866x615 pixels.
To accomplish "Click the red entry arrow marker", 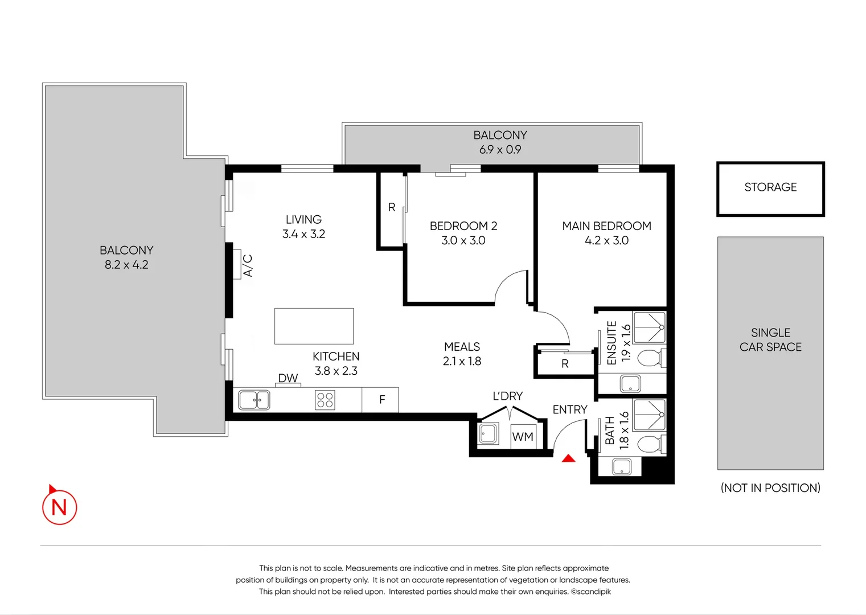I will pos(568,458).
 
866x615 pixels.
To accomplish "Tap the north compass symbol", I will pos(59,507).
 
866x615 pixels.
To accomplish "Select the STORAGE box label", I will pos(770,187).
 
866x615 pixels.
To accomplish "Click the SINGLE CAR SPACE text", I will pos(770,340).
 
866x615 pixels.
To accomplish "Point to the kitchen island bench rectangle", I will pos(314,326).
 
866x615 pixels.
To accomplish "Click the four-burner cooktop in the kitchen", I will pos(325,400).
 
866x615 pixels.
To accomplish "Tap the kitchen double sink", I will pos(254,400).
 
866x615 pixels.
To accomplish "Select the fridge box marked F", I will pos(381,400).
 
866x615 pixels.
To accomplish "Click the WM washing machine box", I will pos(522,437).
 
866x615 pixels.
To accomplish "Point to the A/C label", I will pos(248,266).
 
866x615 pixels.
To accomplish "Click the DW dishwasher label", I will pos(288,378).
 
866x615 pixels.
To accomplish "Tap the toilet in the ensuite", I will pos(649,359).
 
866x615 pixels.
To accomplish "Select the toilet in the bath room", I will pos(649,444).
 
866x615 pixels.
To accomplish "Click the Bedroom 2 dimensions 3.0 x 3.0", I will pos(463,241).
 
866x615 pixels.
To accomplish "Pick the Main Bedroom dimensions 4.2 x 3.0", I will pos(606,241).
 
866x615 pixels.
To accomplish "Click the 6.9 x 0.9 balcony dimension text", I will pos(500,150).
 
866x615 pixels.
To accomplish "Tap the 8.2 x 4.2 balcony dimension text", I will pos(126,265).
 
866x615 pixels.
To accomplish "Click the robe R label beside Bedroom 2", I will pos(392,208).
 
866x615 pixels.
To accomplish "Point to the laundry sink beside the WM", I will pos(488,434).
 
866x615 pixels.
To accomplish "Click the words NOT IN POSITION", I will pos(770,488).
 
